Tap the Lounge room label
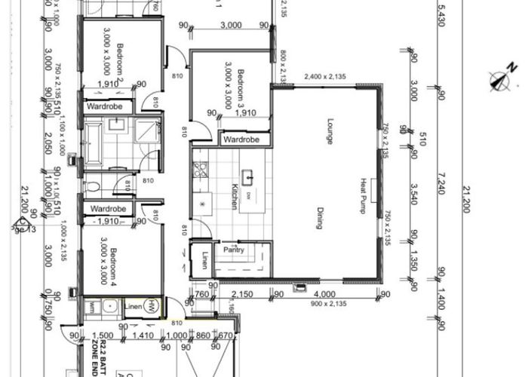pyautogui.click(x=330, y=131)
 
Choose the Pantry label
pyautogui.click(x=232, y=250)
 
